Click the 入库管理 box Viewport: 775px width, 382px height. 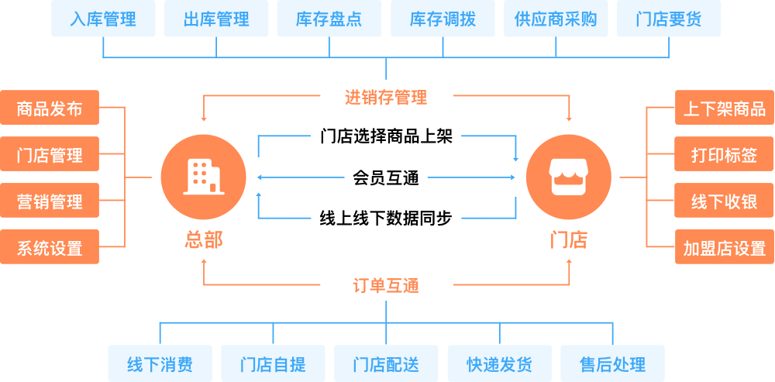point(102,19)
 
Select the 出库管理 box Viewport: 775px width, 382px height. point(216,19)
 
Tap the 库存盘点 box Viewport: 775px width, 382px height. point(329,19)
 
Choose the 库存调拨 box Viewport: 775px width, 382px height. point(443,19)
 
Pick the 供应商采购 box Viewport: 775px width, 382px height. point(556,19)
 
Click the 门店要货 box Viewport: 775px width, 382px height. point(669,19)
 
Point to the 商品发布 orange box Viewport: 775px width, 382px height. point(50,108)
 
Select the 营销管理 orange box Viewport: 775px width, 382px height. point(50,201)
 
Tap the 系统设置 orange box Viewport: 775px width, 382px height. point(50,248)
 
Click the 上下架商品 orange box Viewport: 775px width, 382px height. point(724,108)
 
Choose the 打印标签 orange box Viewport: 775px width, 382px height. point(724,155)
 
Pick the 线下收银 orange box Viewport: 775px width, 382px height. point(724,201)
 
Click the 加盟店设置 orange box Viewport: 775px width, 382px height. point(724,248)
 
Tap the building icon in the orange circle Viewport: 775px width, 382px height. point(203,177)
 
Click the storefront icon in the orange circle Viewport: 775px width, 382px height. point(568,177)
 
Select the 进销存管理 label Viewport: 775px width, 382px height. point(386,98)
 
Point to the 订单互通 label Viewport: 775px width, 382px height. point(386,285)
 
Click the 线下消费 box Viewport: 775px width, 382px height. point(160,363)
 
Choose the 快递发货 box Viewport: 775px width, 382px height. point(499,363)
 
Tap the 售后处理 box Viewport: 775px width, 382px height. point(612,363)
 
